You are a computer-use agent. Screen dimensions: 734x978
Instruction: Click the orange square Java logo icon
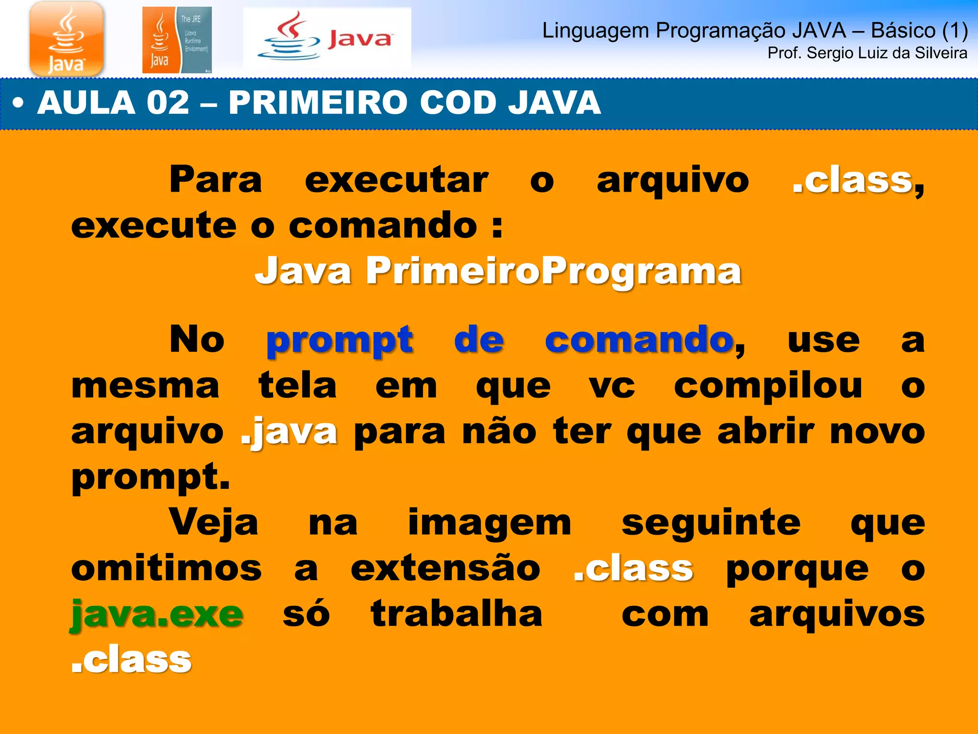coord(66,38)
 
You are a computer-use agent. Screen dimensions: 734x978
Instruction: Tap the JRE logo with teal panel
coord(177,40)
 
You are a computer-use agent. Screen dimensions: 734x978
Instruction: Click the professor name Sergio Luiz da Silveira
coord(867,53)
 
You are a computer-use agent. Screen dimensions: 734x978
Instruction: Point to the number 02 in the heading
coord(168,103)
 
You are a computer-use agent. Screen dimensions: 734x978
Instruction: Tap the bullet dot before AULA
coord(18,103)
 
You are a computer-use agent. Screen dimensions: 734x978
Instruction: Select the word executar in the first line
coord(396,180)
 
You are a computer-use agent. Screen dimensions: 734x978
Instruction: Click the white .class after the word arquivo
coord(853,180)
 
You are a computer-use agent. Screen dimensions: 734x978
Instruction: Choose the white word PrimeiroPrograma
coord(554,271)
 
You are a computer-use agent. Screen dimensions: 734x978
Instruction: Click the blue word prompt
coord(340,340)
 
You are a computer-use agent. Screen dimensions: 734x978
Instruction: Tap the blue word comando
coord(639,340)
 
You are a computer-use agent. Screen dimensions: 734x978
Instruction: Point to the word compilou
coord(768,386)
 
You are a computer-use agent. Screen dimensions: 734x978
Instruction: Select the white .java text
coord(289,432)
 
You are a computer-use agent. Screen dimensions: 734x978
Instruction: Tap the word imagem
coord(489,523)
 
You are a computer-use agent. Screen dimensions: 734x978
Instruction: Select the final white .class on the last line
coord(131,659)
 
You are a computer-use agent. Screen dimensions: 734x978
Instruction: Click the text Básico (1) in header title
coord(919,31)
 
